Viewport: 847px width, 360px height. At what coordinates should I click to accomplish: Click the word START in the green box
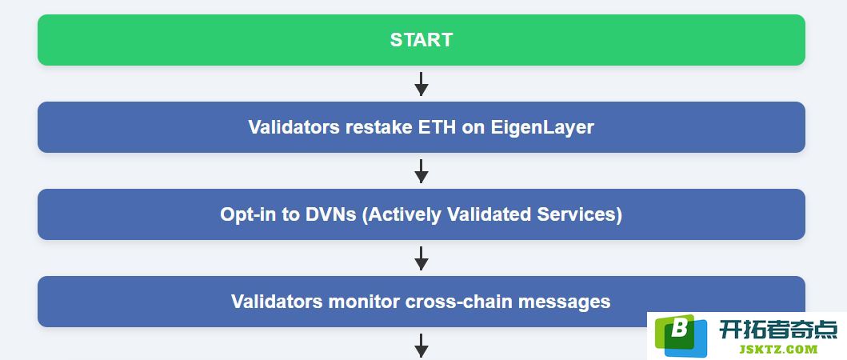point(422,40)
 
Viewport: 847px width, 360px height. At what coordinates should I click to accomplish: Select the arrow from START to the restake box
point(422,84)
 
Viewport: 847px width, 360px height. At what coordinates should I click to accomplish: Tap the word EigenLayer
point(542,127)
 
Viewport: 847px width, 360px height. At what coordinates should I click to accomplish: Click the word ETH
point(437,127)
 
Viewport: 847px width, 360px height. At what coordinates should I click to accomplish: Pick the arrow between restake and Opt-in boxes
point(422,171)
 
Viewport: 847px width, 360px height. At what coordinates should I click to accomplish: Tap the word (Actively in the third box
point(402,215)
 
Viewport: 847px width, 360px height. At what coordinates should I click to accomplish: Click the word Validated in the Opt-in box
point(489,214)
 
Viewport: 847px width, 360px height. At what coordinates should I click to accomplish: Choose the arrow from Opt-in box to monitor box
point(422,258)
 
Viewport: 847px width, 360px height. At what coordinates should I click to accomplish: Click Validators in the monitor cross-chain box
point(277,301)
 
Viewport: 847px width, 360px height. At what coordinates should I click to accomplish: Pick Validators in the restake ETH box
point(294,127)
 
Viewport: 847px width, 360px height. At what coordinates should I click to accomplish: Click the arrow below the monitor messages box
point(422,346)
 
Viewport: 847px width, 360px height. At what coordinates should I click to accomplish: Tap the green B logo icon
point(681,336)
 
